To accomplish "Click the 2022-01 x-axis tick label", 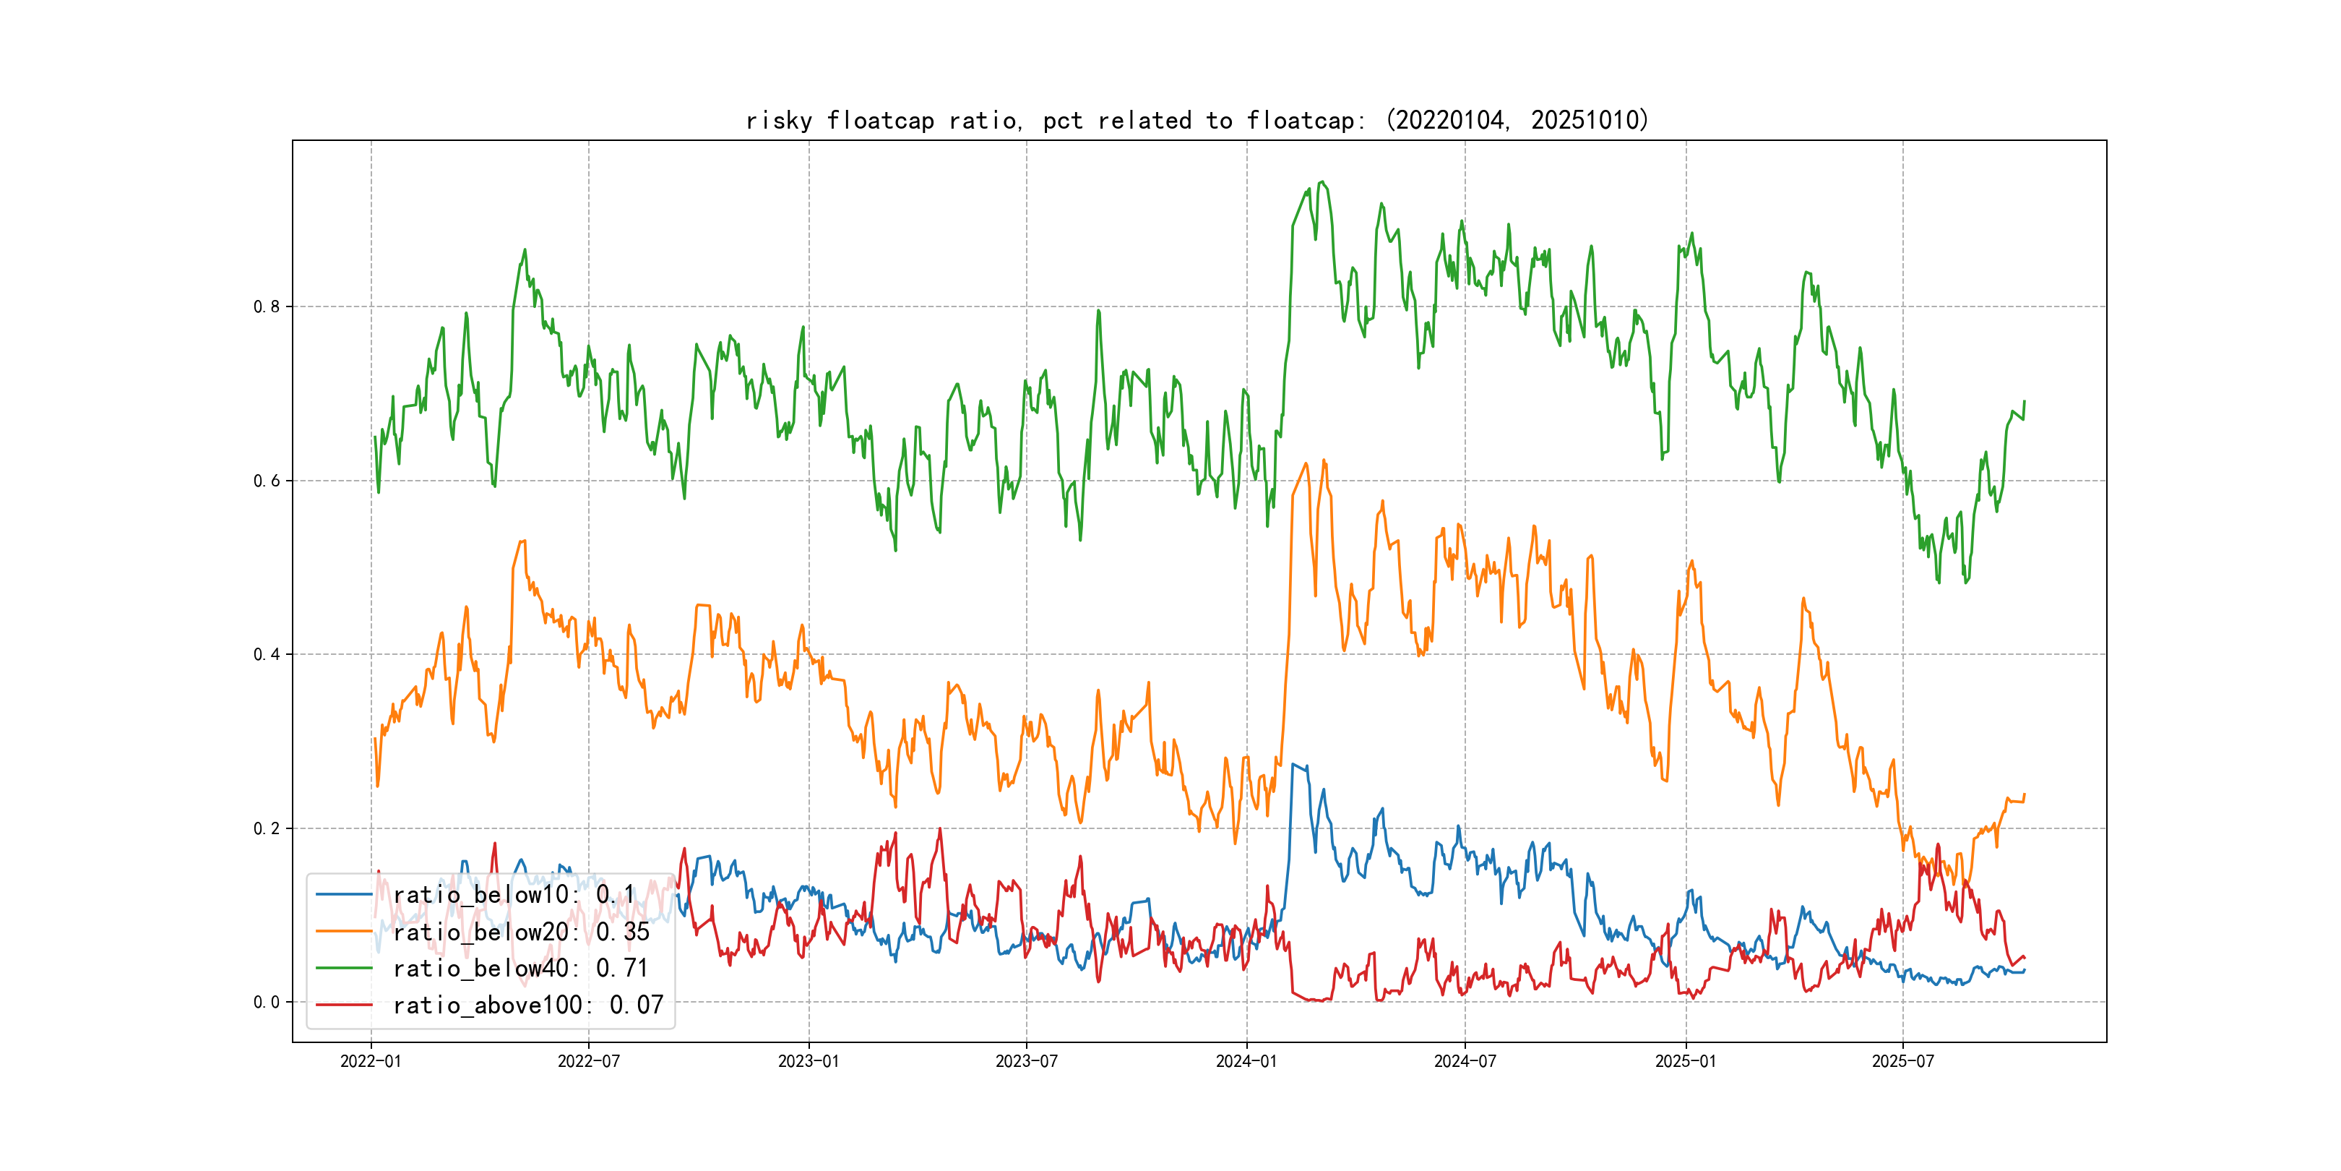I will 370,1061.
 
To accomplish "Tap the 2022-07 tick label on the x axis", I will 588,1061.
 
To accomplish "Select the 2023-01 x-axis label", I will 808,1061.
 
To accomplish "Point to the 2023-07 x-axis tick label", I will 1026,1061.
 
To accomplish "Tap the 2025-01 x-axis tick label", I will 1685,1061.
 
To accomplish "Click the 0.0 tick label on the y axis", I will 267,1002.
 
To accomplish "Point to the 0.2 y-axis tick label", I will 267,828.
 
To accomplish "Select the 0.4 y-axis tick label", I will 267,655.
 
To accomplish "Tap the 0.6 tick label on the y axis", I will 267,481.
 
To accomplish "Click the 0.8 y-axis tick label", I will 267,306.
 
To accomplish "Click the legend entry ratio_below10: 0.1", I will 514,895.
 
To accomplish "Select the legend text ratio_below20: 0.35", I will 521,932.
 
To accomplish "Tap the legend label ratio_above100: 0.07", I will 528,1005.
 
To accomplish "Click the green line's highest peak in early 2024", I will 1322,182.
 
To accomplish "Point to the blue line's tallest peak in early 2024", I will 1293,765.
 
